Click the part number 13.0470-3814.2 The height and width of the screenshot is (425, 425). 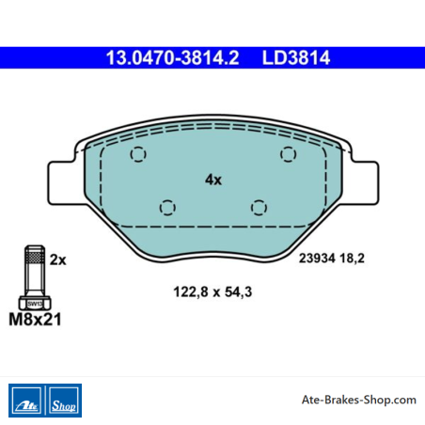pos(172,57)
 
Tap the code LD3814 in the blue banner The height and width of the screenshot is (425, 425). pos(296,57)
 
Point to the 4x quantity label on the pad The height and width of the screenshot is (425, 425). pos(213,180)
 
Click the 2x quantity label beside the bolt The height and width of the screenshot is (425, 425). pos(58,260)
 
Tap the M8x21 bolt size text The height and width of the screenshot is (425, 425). pos(35,320)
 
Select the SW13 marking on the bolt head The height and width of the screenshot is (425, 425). pos(35,304)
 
